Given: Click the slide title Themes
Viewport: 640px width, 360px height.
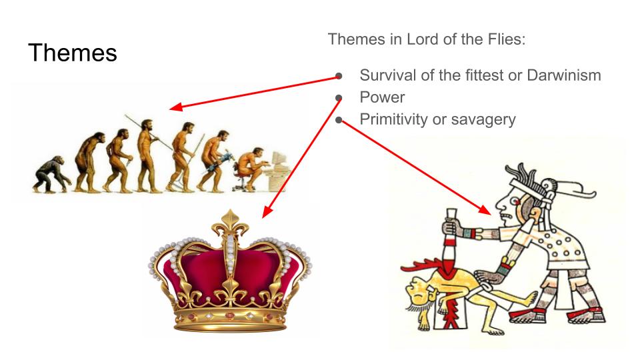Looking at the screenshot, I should tap(72, 53).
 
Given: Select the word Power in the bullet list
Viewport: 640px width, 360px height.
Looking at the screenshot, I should tap(382, 97).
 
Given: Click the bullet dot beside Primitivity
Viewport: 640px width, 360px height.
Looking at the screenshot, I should tap(339, 120).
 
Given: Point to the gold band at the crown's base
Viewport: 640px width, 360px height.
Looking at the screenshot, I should tap(230, 319).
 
